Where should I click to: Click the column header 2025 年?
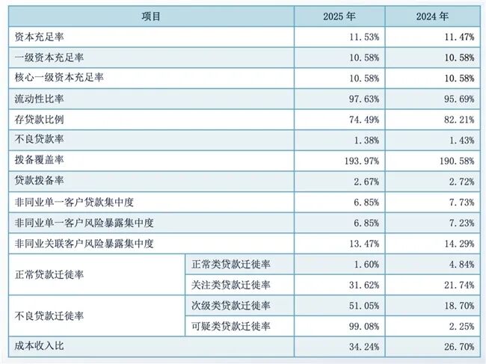tap(339, 16)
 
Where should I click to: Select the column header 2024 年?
tap(432, 16)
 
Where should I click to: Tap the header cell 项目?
tap(151, 16)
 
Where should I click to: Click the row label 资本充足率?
tap(39, 37)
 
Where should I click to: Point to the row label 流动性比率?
tap(39, 99)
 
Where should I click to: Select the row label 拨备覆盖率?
tap(39, 160)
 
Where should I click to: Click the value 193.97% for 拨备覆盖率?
tap(362, 161)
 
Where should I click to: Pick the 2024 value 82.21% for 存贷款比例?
tap(459, 120)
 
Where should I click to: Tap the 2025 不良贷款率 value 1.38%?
tap(366, 141)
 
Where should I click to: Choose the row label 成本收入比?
tap(39, 346)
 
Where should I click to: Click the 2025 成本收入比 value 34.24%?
tap(364, 347)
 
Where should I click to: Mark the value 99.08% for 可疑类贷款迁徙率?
tap(364, 326)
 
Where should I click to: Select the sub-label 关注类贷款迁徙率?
tap(231, 285)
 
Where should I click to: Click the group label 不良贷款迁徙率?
tap(49, 316)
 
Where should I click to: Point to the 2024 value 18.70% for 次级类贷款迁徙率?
tap(459, 306)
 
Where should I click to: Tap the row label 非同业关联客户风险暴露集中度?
tap(84, 244)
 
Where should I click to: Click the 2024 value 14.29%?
tap(459, 244)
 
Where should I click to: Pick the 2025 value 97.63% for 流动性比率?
tap(364, 99)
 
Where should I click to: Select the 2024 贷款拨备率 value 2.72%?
tap(462, 182)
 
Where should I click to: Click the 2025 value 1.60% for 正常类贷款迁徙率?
tap(366, 265)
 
